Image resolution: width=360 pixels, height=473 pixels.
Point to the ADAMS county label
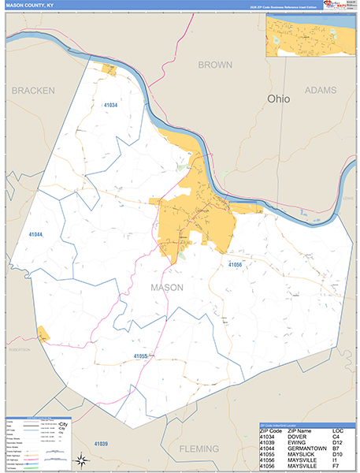coord(320,91)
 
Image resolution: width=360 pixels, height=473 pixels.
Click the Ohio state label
coord(279,100)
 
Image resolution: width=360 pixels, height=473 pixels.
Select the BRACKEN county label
coord(33,91)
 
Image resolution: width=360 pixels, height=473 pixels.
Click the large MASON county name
coord(166,288)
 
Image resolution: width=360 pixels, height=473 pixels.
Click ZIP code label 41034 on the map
coord(110,105)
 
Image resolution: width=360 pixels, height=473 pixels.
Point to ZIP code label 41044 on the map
coord(36,235)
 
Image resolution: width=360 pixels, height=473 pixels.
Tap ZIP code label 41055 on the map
coord(141,356)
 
